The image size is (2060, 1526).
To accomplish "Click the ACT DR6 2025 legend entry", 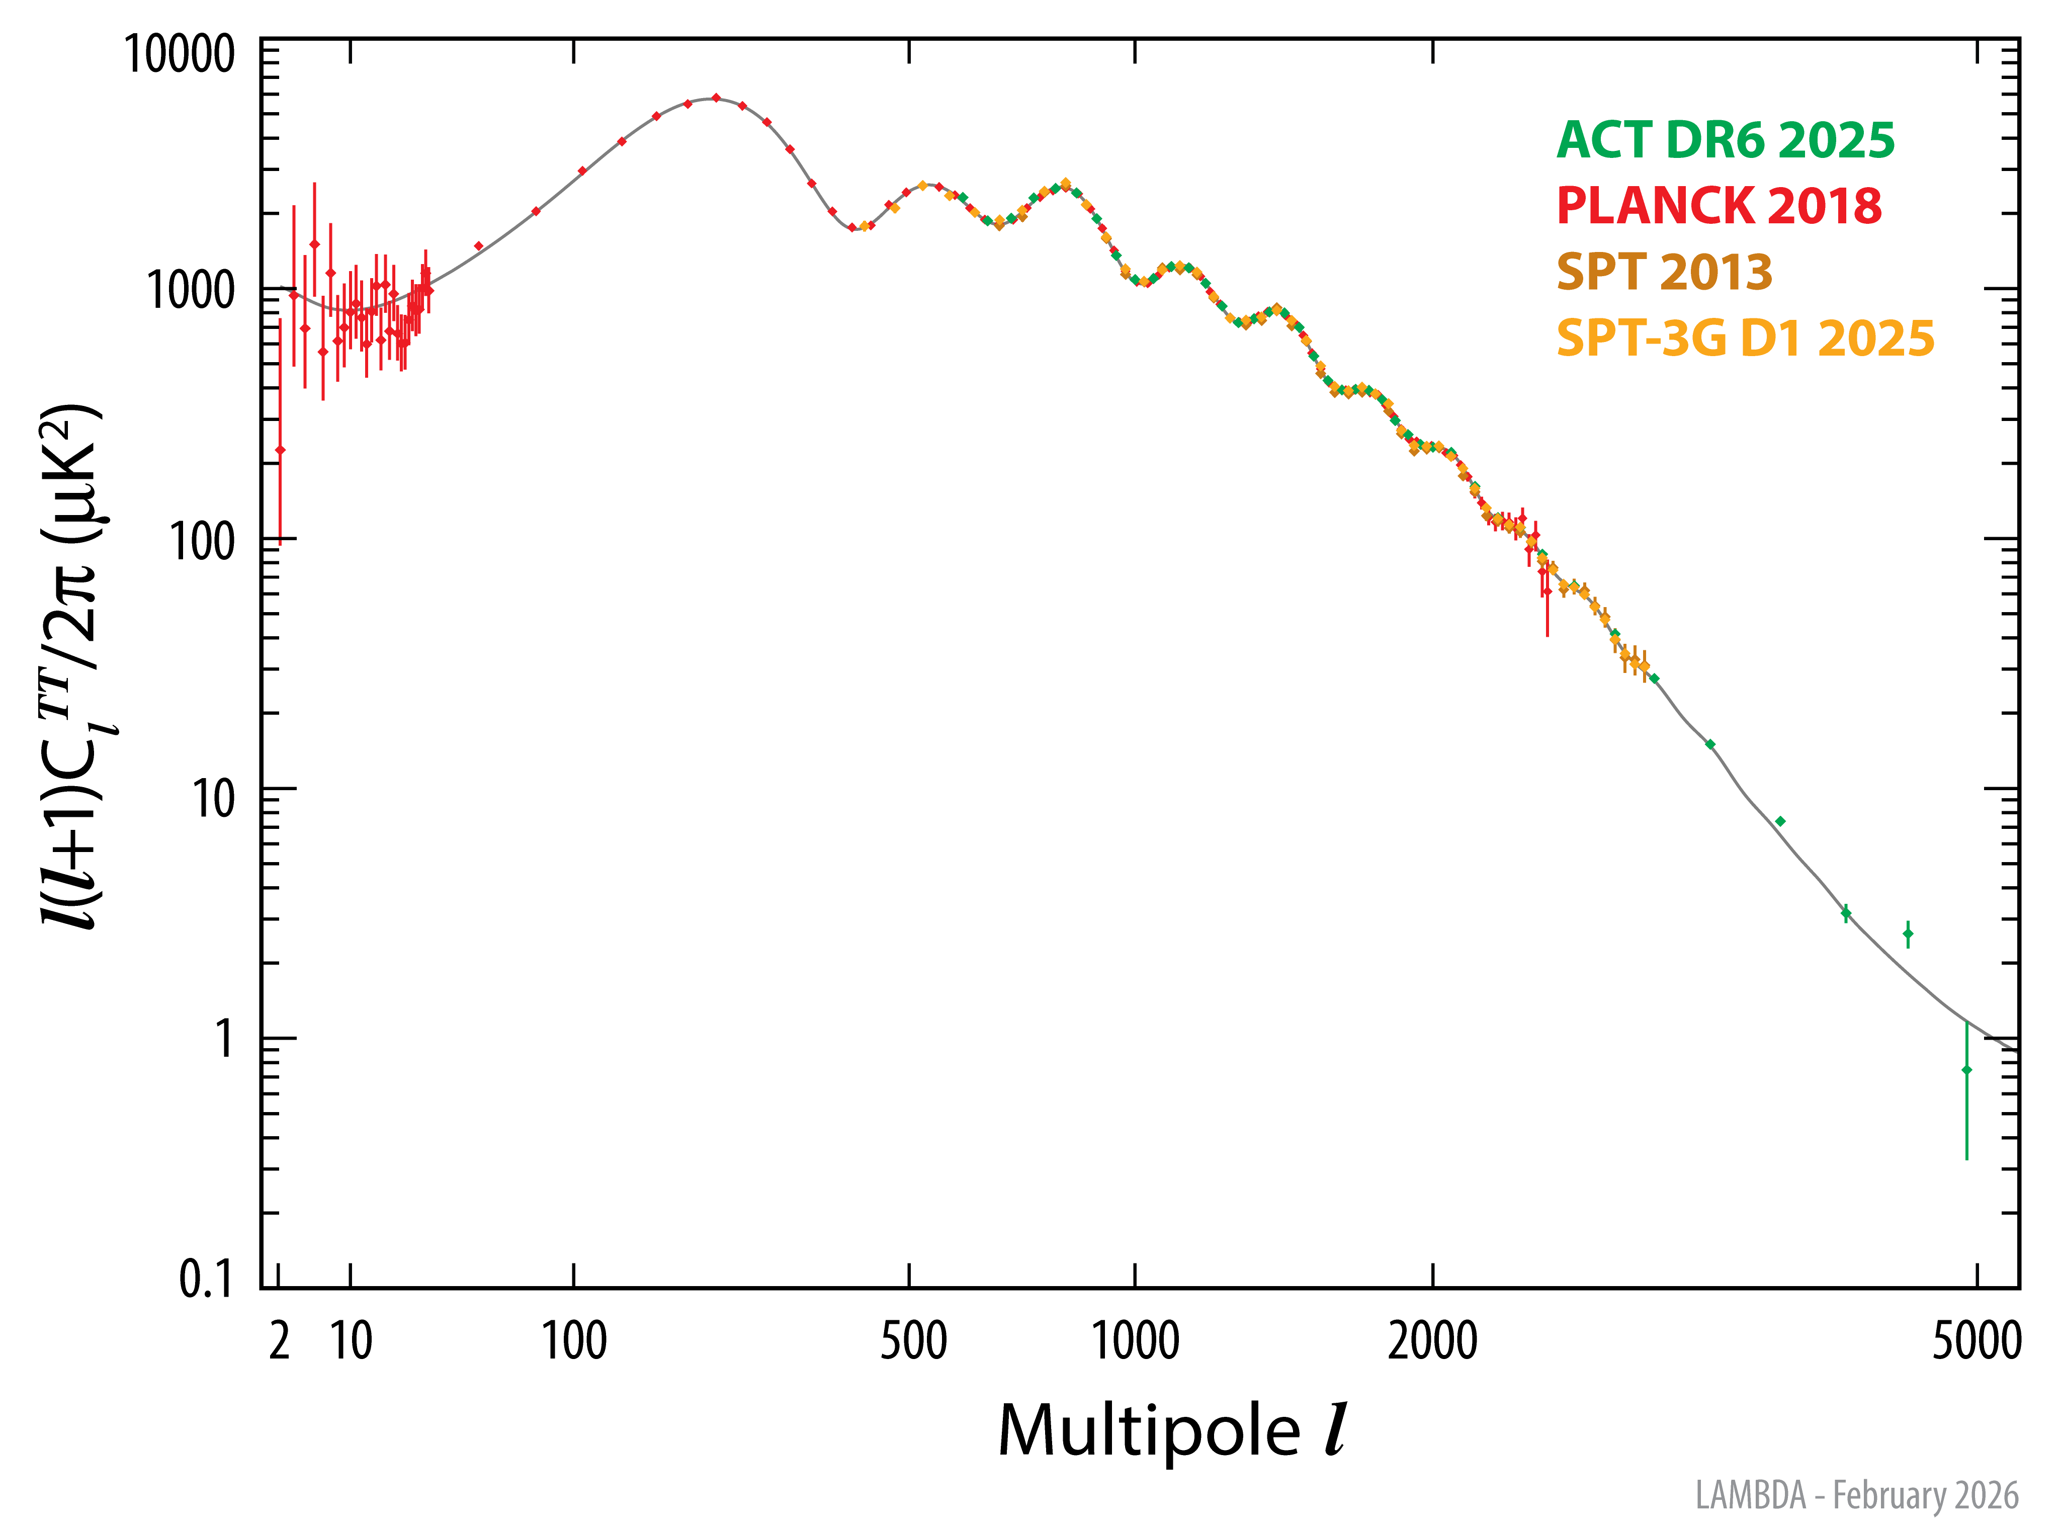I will (x=1725, y=140).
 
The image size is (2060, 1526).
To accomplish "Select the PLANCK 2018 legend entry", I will (x=1718, y=206).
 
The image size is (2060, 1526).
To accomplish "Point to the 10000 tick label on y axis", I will (x=180, y=54).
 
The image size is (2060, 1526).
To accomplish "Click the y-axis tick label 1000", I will (x=191, y=291).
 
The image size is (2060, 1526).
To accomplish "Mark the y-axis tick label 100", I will (x=202, y=541).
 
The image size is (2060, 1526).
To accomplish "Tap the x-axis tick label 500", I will (x=913, y=1341).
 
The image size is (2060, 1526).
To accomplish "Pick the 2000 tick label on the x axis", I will (x=1433, y=1341).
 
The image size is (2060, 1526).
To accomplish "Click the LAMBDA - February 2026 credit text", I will (x=1857, y=1495).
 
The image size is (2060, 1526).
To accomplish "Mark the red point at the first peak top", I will (x=716, y=98).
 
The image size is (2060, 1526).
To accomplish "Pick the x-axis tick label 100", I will (x=574, y=1341).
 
